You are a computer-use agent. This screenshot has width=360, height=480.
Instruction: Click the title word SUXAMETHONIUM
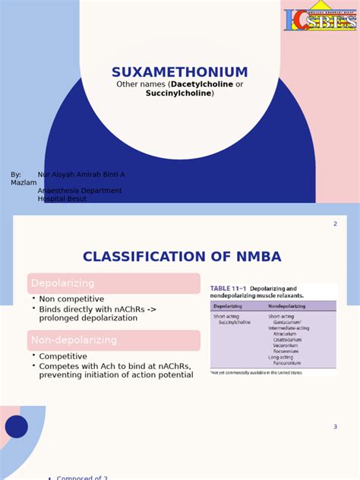pyautogui.click(x=180, y=73)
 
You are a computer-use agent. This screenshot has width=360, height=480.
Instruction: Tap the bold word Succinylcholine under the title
pyautogui.click(x=179, y=93)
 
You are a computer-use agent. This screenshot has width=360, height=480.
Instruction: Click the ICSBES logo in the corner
pyautogui.click(x=320, y=20)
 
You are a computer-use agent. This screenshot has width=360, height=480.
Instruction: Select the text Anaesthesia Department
pyautogui.click(x=80, y=191)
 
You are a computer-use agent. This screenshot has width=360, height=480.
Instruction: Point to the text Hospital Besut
pyautogui.click(x=62, y=199)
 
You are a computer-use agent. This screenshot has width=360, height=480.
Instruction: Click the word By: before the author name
pyautogui.click(x=16, y=175)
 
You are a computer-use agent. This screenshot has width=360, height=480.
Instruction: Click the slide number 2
pyautogui.click(x=335, y=224)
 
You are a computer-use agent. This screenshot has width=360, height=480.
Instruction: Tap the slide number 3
pyautogui.click(x=335, y=427)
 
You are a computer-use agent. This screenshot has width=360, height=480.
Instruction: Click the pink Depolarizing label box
pyautogui.click(x=114, y=283)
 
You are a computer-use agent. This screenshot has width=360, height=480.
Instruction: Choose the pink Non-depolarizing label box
pyautogui.click(x=114, y=340)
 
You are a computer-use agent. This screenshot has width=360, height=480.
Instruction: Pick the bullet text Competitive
pyautogui.click(x=63, y=356)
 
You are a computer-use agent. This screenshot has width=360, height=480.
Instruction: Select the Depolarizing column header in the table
pyautogui.click(x=228, y=306)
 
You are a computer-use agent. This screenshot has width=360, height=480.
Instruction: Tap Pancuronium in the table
pyautogui.click(x=287, y=364)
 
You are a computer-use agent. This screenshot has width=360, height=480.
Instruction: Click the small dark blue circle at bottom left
pyautogui.click(x=17, y=426)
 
